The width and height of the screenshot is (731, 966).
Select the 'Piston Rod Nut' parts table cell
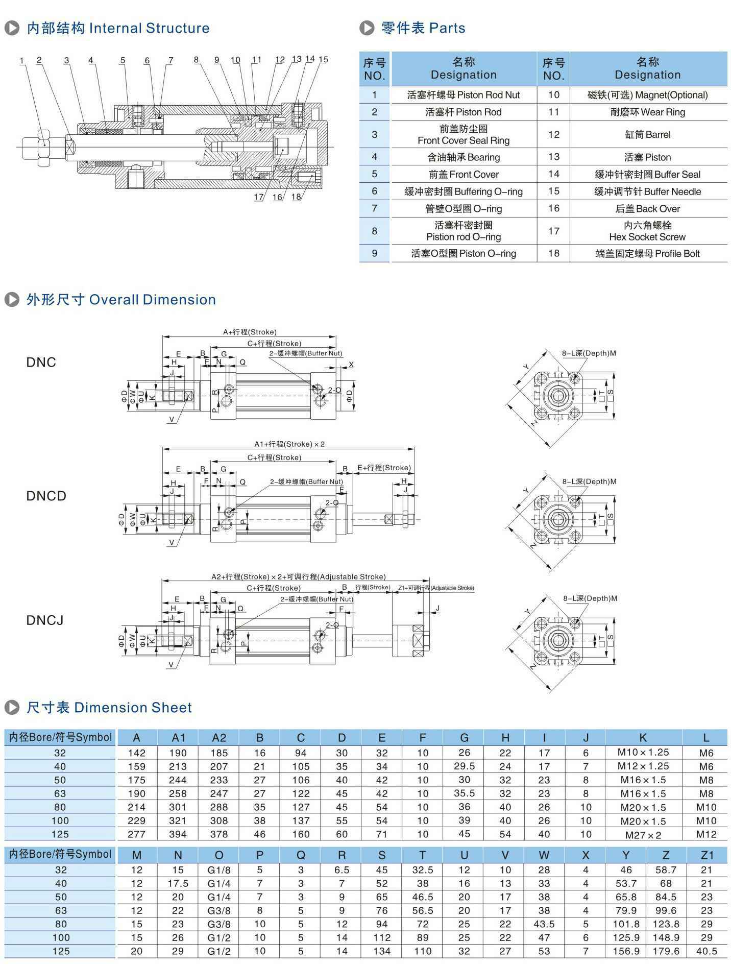point(464,95)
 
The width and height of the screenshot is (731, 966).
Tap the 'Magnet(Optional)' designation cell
point(647,95)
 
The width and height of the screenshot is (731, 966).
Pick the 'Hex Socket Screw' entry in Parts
point(647,231)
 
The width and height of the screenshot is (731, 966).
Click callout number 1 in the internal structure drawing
point(21,61)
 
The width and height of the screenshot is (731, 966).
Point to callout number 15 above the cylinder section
point(323,59)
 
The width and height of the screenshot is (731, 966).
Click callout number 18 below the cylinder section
point(296,197)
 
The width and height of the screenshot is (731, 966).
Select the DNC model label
point(41,363)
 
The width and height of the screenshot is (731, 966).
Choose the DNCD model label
point(46,496)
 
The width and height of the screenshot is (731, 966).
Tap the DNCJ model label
point(45,620)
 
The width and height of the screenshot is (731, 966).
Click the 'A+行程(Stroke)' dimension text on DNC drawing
point(250,332)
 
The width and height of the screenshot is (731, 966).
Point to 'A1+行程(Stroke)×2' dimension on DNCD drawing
point(289,444)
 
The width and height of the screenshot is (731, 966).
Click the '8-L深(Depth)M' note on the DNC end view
point(589,353)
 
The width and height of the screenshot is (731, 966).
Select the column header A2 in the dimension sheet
point(219,738)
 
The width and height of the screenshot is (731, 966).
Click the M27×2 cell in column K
point(643,835)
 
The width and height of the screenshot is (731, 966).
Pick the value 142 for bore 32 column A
point(137,753)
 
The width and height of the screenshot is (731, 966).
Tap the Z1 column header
point(706,855)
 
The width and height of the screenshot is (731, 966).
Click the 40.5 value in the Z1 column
point(706,951)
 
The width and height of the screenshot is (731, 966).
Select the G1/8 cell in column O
point(219,870)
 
